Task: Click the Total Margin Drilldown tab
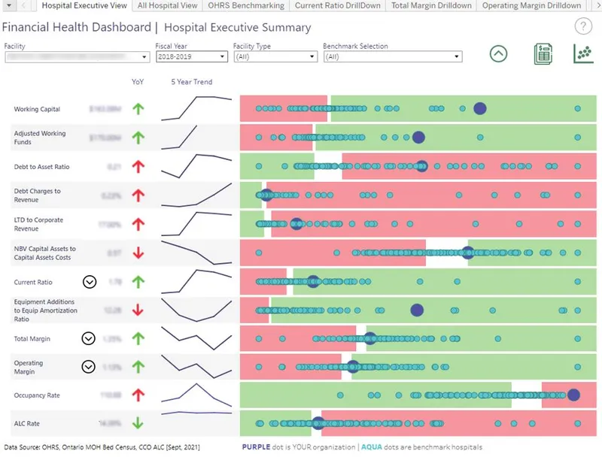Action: click(431, 5)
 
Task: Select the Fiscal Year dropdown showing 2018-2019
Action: click(191, 56)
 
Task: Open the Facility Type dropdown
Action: click(275, 56)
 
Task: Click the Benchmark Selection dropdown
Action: click(392, 56)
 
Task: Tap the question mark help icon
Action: click(583, 27)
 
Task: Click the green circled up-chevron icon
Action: click(498, 54)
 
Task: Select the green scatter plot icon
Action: click(582, 54)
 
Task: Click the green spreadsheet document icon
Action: click(543, 54)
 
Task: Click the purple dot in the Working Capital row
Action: click(479, 108)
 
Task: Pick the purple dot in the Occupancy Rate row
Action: click(573, 395)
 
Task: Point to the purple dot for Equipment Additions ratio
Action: click(417, 310)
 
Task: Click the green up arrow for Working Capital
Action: click(138, 109)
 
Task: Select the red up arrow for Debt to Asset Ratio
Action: click(138, 167)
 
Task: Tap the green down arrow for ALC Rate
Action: click(138, 423)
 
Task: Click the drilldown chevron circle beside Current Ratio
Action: click(90, 282)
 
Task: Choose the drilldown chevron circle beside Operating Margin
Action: click(89, 367)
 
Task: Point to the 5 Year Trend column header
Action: click(192, 82)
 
